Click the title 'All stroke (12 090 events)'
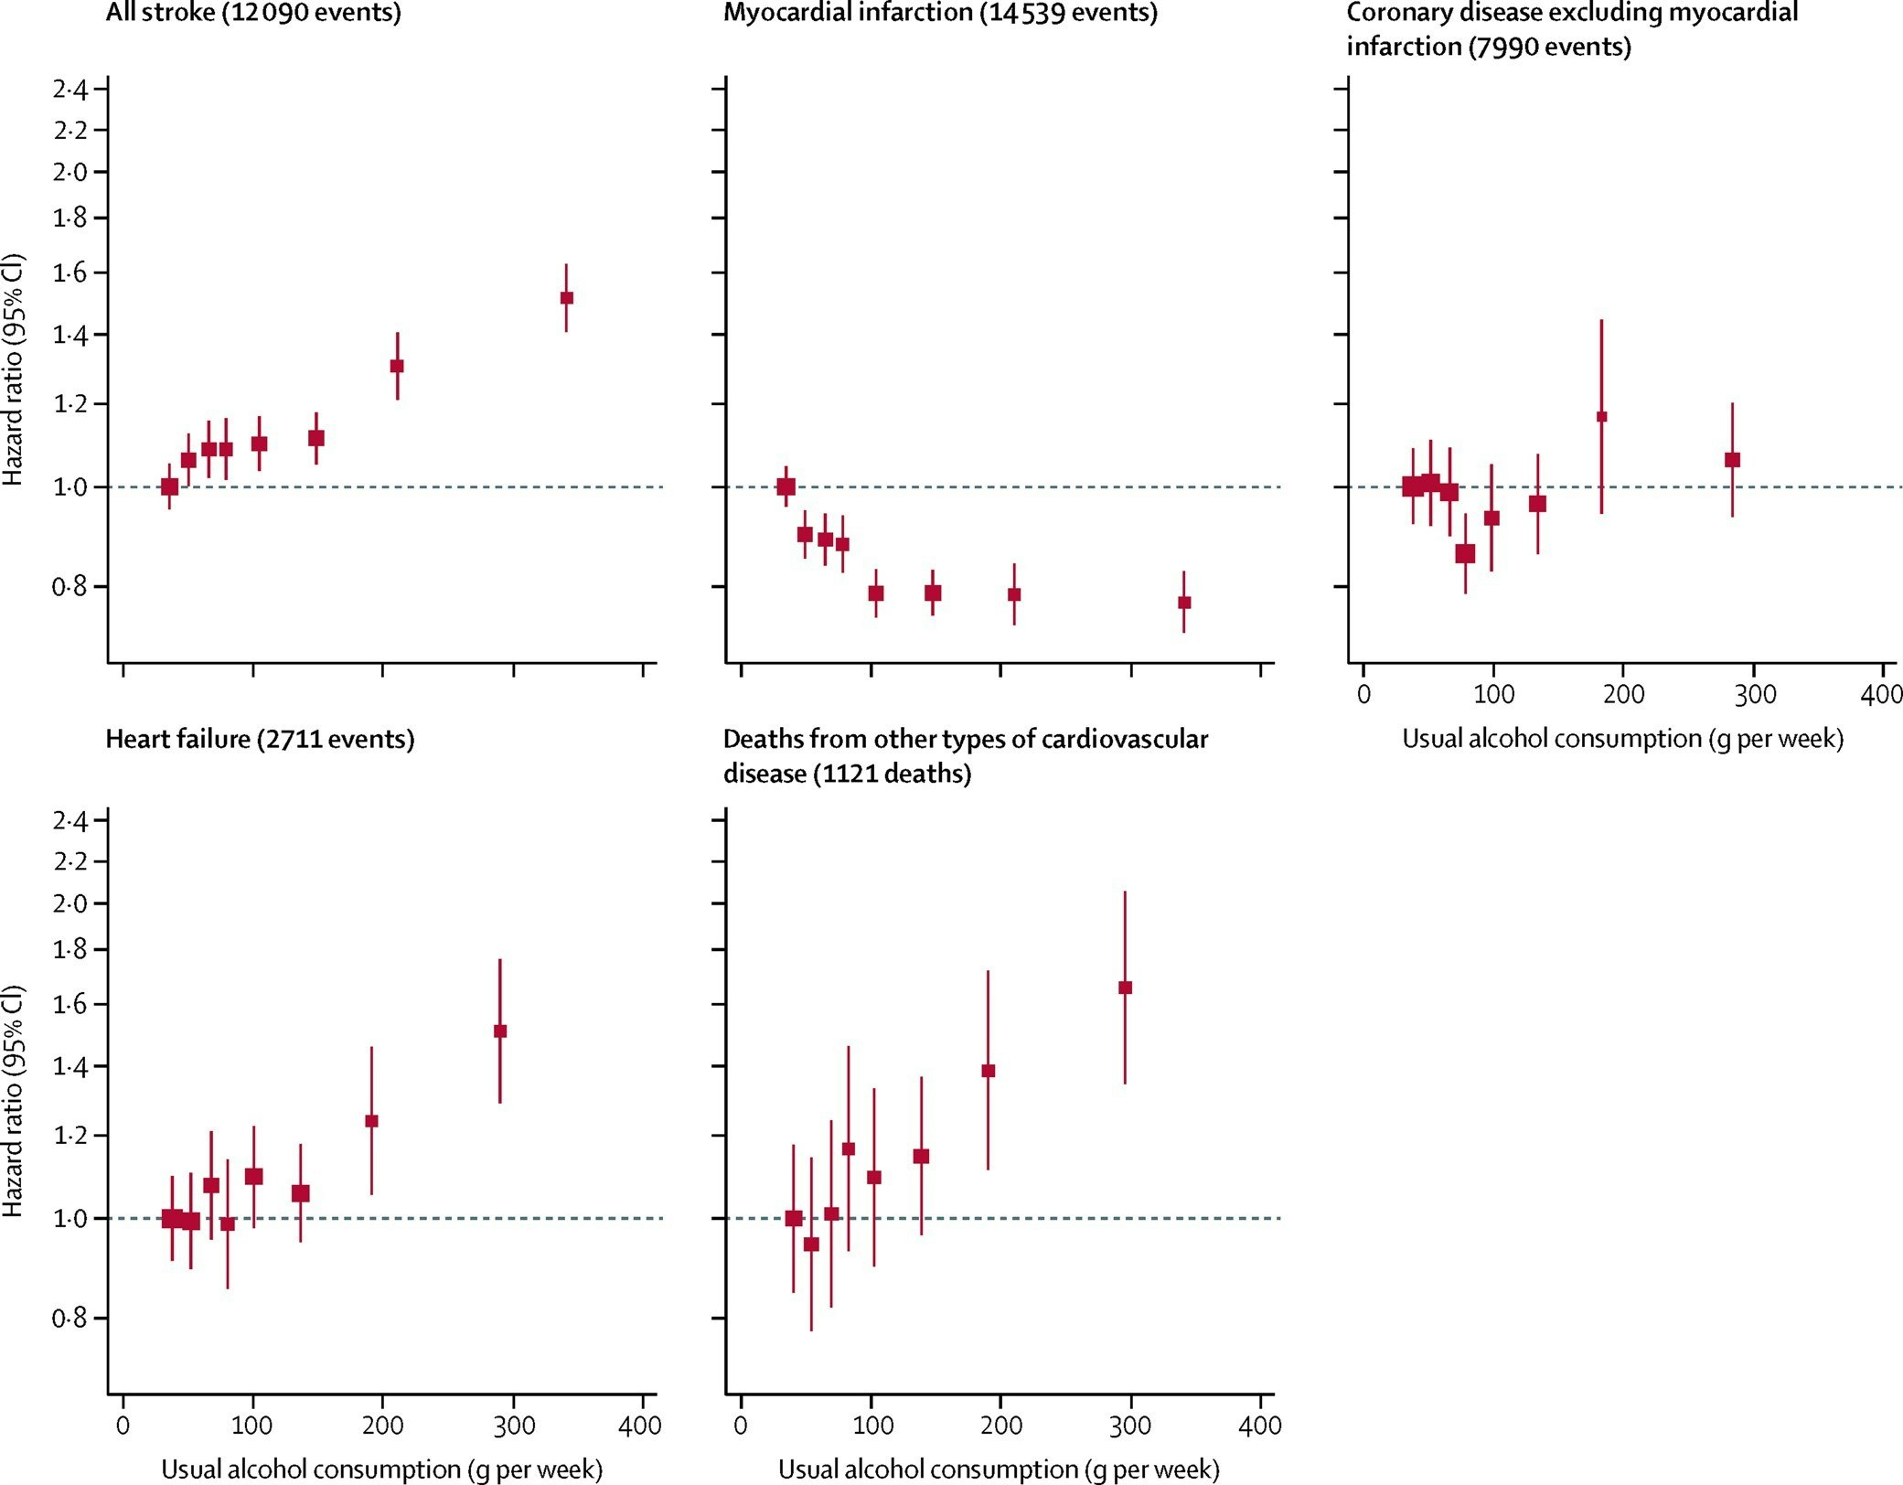point(253,14)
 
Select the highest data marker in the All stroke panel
point(566,297)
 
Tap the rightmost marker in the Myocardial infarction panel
point(1184,603)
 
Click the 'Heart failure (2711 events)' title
point(260,739)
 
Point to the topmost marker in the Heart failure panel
point(500,1031)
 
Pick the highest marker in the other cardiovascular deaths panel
point(1125,988)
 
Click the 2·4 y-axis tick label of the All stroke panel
point(70,90)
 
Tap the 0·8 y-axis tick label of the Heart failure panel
point(70,1318)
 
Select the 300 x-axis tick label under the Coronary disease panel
point(1754,695)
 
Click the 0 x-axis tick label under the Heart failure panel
point(123,1426)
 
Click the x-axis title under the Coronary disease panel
point(1622,739)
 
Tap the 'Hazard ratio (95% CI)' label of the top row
point(13,370)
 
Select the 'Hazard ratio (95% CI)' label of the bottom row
point(13,1102)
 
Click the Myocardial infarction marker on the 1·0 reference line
point(786,486)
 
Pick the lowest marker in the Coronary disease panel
point(1465,553)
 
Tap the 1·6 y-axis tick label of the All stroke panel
point(70,272)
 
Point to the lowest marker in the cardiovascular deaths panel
point(811,1245)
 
